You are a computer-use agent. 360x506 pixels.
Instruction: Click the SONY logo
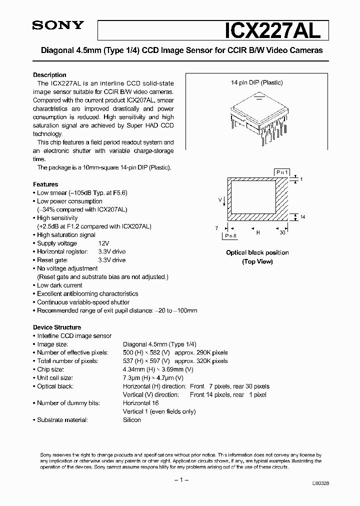pyautogui.click(x=58, y=26)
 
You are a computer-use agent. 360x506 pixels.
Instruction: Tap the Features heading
pyautogui.click(x=45, y=184)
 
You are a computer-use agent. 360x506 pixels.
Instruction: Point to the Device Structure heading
pyautogui.click(x=56, y=327)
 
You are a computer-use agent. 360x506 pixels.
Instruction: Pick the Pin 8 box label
pyautogui.click(x=230, y=235)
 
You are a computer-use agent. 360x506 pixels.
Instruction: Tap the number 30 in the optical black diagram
pyautogui.click(x=283, y=232)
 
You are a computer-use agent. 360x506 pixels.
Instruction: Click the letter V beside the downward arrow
pyautogui.click(x=219, y=199)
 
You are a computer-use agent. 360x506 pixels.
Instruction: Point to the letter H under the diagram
pyautogui.click(x=258, y=232)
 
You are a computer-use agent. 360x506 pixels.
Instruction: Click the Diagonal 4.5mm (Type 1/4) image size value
pyautogui.click(x=159, y=344)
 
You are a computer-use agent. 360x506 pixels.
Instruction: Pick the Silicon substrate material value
pyautogui.click(x=132, y=420)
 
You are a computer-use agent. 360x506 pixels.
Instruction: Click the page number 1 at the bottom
pyautogui.click(x=180, y=480)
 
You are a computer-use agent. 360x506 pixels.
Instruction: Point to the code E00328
pyautogui.click(x=319, y=483)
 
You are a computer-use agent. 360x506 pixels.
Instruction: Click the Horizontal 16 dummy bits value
pyautogui.click(x=140, y=403)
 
